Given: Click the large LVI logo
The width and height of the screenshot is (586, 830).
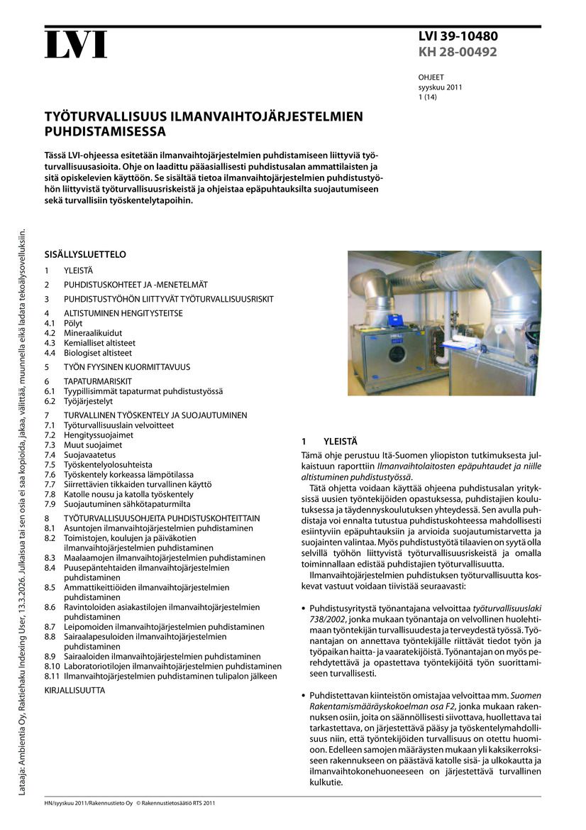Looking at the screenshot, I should [76, 46].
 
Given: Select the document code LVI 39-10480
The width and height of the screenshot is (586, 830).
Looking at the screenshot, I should [457, 36].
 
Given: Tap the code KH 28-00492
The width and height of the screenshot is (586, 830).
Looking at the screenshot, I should [457, 52].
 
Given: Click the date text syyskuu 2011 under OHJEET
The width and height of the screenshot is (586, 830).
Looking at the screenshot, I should [440, 87].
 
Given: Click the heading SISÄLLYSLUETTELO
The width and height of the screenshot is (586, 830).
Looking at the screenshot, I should [85, 253].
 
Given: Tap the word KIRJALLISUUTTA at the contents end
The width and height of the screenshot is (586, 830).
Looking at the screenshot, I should [74, 690].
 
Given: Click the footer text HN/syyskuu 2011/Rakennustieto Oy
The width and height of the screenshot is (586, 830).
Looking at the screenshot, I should [89, 803].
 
